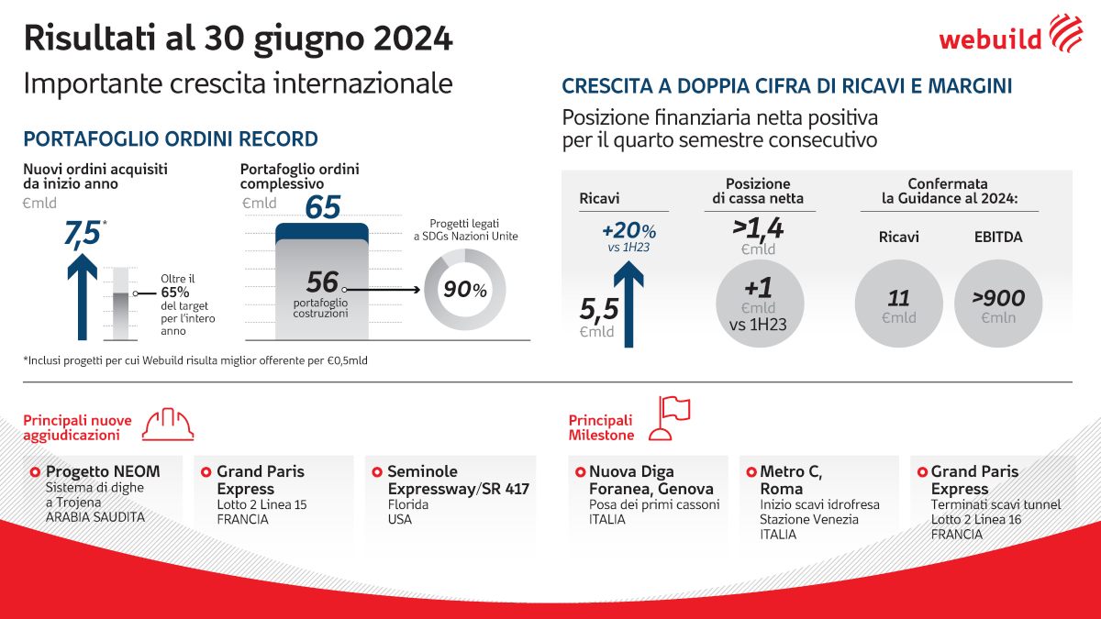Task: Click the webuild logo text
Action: click(990, 39)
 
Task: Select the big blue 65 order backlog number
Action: click(322, 207)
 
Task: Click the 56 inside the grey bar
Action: click(322, 282)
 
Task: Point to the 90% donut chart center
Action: click(465, 290)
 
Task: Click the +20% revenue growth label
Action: click(628, 230)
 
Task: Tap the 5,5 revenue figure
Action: click(597, 312)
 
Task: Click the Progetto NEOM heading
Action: click(103, 471)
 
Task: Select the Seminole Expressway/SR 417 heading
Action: click(458, 481)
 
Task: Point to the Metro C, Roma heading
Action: click(792, 481)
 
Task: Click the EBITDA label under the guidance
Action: click(998, 237)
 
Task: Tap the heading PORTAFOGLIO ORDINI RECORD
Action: click(171, 139)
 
